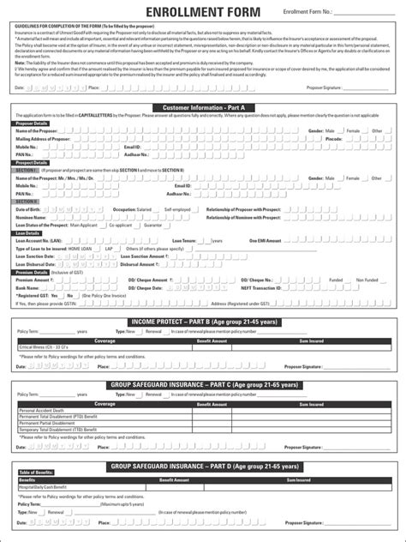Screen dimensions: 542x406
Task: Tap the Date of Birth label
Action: (x=28, y=208)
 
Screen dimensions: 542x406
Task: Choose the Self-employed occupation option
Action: (x=177, y=208)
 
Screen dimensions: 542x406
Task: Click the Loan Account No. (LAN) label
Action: (x=39, y=241)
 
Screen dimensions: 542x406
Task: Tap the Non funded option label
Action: (x=367, y=280)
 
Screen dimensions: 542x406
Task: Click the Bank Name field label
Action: (x=28, y=288)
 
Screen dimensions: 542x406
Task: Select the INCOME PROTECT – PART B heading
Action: (x=203, y=321)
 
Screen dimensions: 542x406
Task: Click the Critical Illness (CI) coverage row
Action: (x=42, y=347)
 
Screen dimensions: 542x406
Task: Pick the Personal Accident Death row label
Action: (x=42, y=410)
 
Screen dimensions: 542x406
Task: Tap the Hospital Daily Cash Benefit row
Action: (x=46, y=487)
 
